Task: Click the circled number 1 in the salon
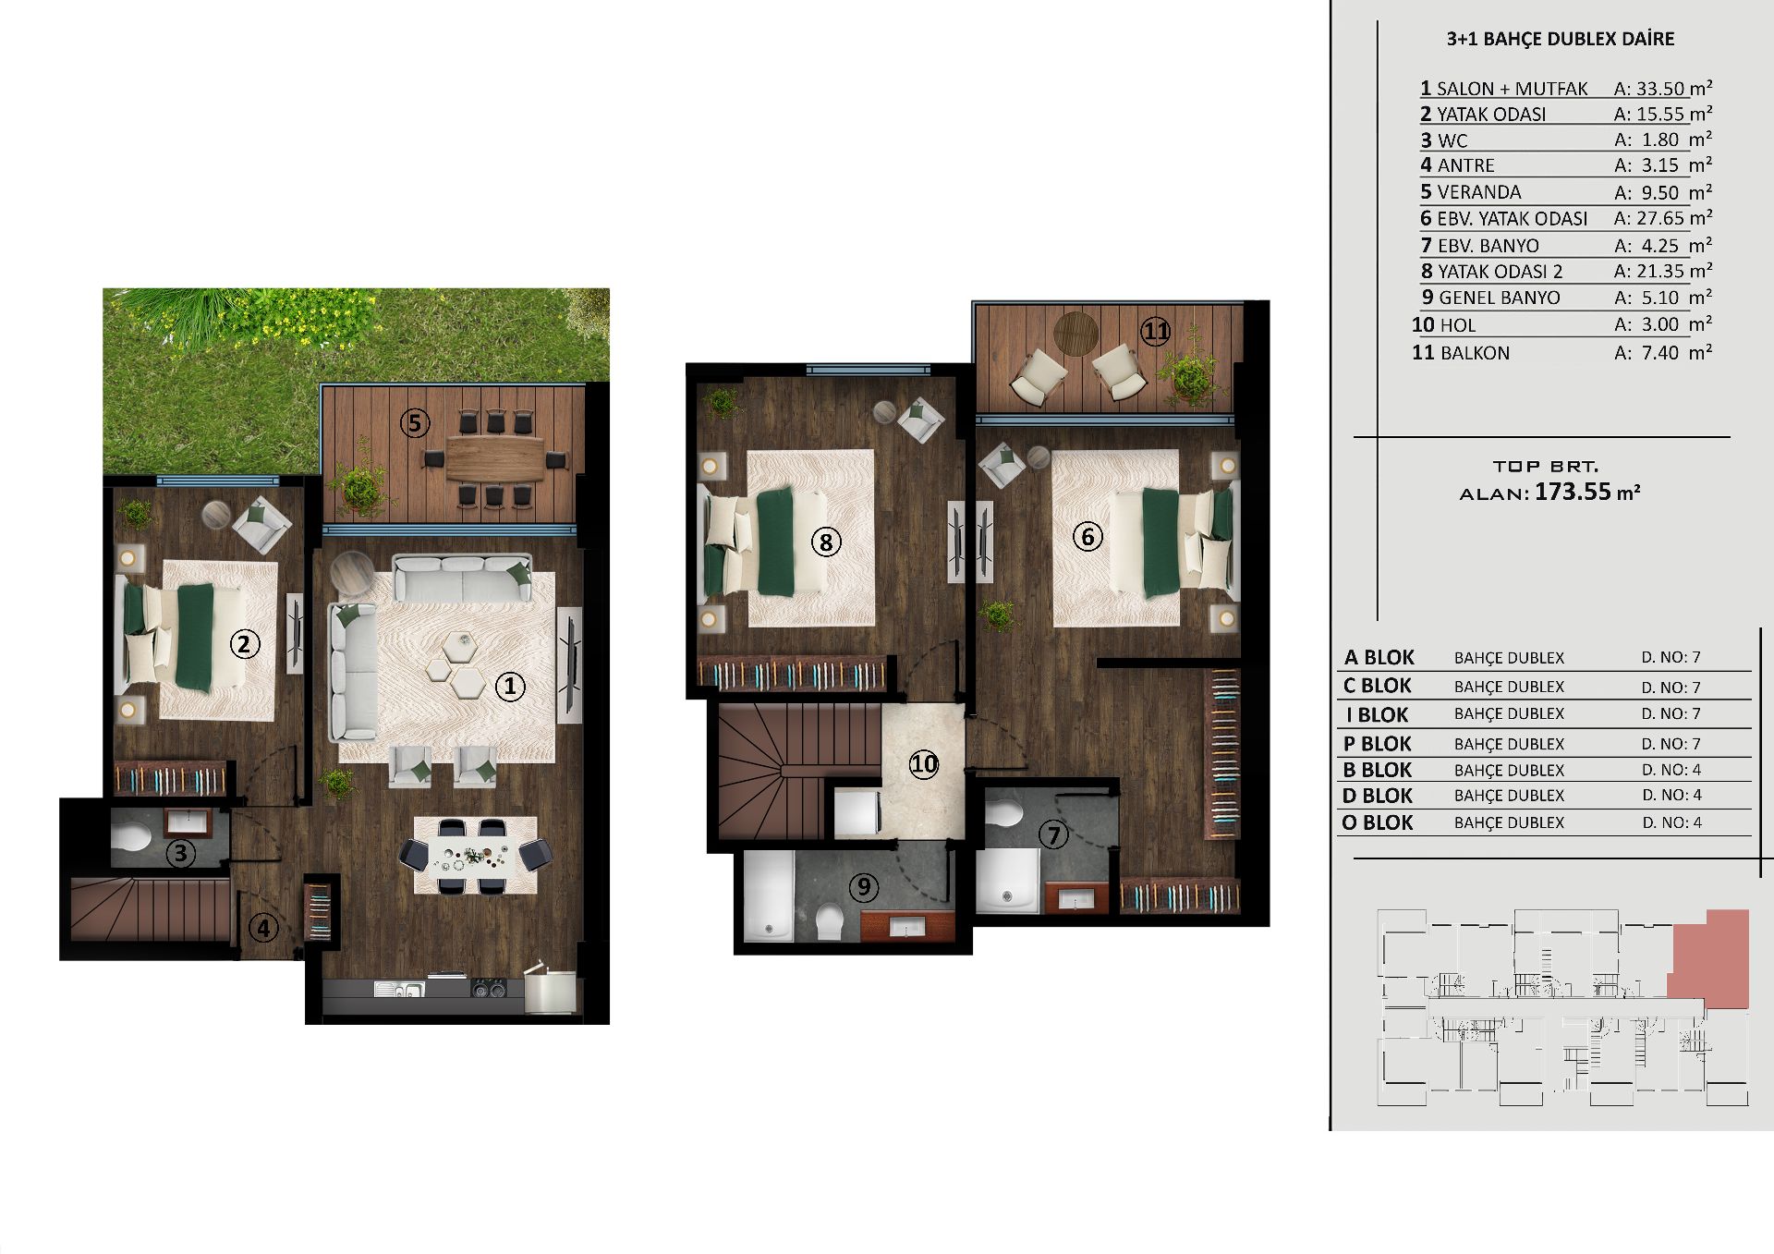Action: click(x=510, y=686)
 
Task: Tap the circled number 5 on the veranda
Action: click(x=415, y=423)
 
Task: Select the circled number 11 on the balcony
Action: click(x=1155, y=331)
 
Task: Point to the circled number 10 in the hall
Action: click(x=924, y=763)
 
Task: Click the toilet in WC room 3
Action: click(x=131, y=837)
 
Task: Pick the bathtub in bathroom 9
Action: click(x=769, y=896)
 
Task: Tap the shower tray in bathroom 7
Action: click(x=1008, y=881)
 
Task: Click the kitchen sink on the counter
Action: click(x=399, y=990)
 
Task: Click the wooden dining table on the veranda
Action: click(x=495, y=457)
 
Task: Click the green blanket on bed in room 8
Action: click(x=775, y=541)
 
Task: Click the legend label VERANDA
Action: click(x=1478, y=192)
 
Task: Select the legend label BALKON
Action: click(x=1475, y=353)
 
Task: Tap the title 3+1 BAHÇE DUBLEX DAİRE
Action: click(x=1561, y=39)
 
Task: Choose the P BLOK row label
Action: click(x=1377, y=744)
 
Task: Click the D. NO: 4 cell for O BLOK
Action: click(x=1671, y=822)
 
